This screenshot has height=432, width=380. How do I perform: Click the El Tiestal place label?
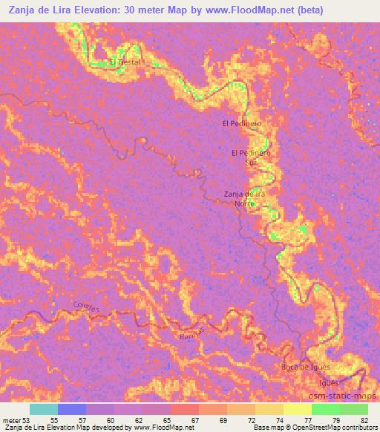125,62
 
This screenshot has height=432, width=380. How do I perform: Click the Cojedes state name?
86,305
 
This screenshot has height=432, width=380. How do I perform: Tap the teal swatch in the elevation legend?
44,408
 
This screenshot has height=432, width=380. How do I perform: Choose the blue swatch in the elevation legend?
72,408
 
